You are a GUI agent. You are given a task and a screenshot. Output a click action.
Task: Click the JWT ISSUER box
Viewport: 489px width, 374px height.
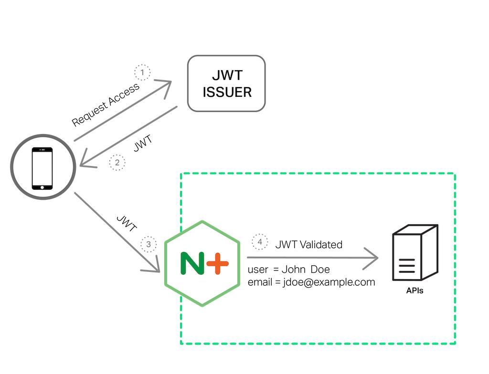pyautogui.click(x=226, y=83)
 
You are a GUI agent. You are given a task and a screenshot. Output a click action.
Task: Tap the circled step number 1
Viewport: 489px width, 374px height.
pyautogui.click(x=142, y=73)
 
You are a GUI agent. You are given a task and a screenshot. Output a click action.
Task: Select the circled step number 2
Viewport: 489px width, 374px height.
pyautogui.click(x=117, y=163)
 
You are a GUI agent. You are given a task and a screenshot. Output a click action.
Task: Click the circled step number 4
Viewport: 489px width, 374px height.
pyautogui.click(x=260, y=242)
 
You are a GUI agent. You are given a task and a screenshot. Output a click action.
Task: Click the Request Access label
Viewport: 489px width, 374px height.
pyautogui.click(x=106, y=104)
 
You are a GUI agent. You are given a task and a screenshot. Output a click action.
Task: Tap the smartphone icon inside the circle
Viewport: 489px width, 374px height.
pyautogui.click(x=42, y=168)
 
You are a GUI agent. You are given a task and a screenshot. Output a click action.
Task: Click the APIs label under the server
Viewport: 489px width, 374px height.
pyautogui.click(x=414, y=291)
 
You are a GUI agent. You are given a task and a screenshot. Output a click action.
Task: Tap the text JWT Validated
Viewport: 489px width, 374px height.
pyautogui.click(x=308, y=245)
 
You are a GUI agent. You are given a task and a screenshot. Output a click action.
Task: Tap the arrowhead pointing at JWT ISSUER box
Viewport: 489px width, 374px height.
pyautogui.click(x=165, y=87)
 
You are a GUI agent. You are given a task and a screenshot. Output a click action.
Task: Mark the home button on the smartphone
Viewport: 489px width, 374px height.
pyautogui.click(x=42, y=187)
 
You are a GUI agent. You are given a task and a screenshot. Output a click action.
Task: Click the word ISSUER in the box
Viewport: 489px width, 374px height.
pyautogui.click(x=227, y=92)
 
